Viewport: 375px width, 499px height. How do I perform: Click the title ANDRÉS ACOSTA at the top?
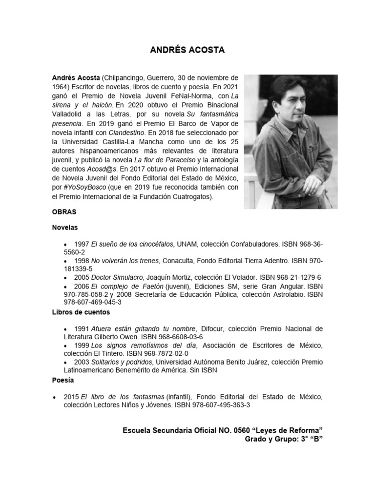(187, 50)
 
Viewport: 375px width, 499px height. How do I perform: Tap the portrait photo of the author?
(291, 141)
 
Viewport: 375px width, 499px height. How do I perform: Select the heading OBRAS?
(63, 212)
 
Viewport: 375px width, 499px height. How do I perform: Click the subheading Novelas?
(65, 228)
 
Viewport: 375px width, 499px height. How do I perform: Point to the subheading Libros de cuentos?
(81, 312)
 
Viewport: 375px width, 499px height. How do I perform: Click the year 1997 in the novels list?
(82, 243)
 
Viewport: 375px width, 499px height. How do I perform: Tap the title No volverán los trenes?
(125, 260)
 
